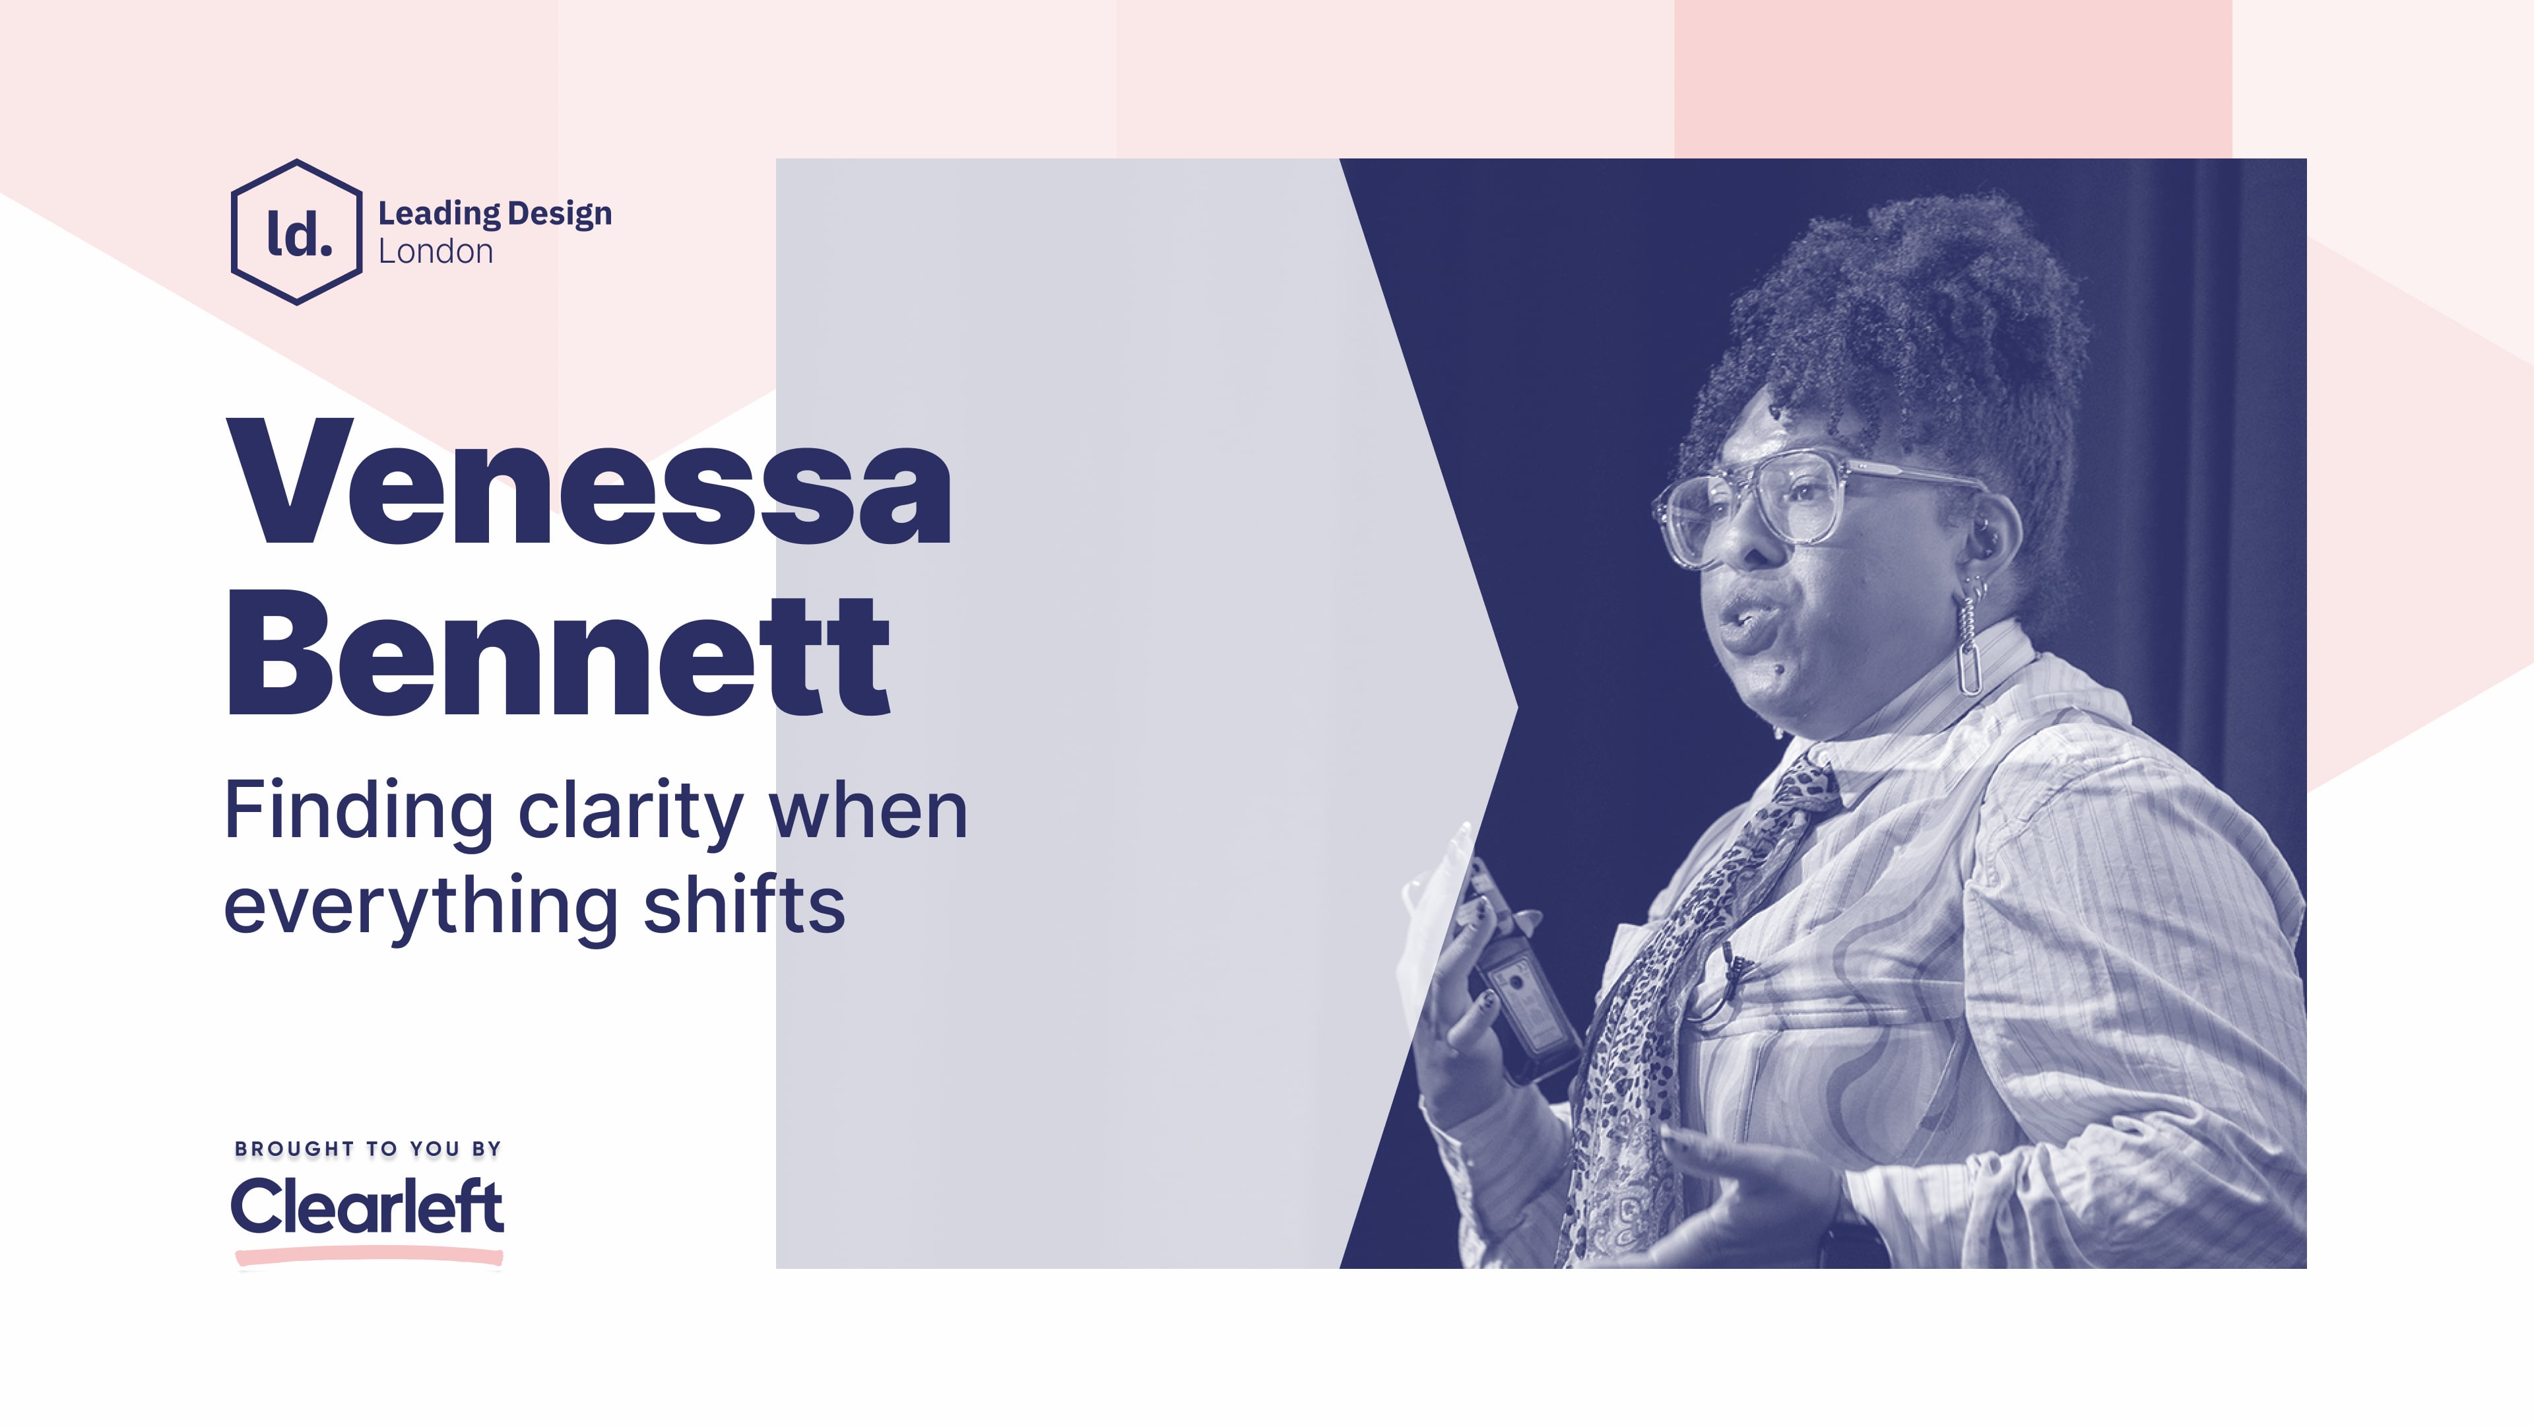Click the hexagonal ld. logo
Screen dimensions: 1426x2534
296,232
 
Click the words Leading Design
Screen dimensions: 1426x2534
495,213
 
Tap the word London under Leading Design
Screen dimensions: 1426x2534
436,252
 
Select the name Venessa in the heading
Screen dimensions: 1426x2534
588,483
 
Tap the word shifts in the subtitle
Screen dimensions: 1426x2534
744,905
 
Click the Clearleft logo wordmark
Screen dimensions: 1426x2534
367,1207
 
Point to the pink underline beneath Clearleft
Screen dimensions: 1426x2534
369,1256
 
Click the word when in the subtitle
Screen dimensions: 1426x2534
868,813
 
